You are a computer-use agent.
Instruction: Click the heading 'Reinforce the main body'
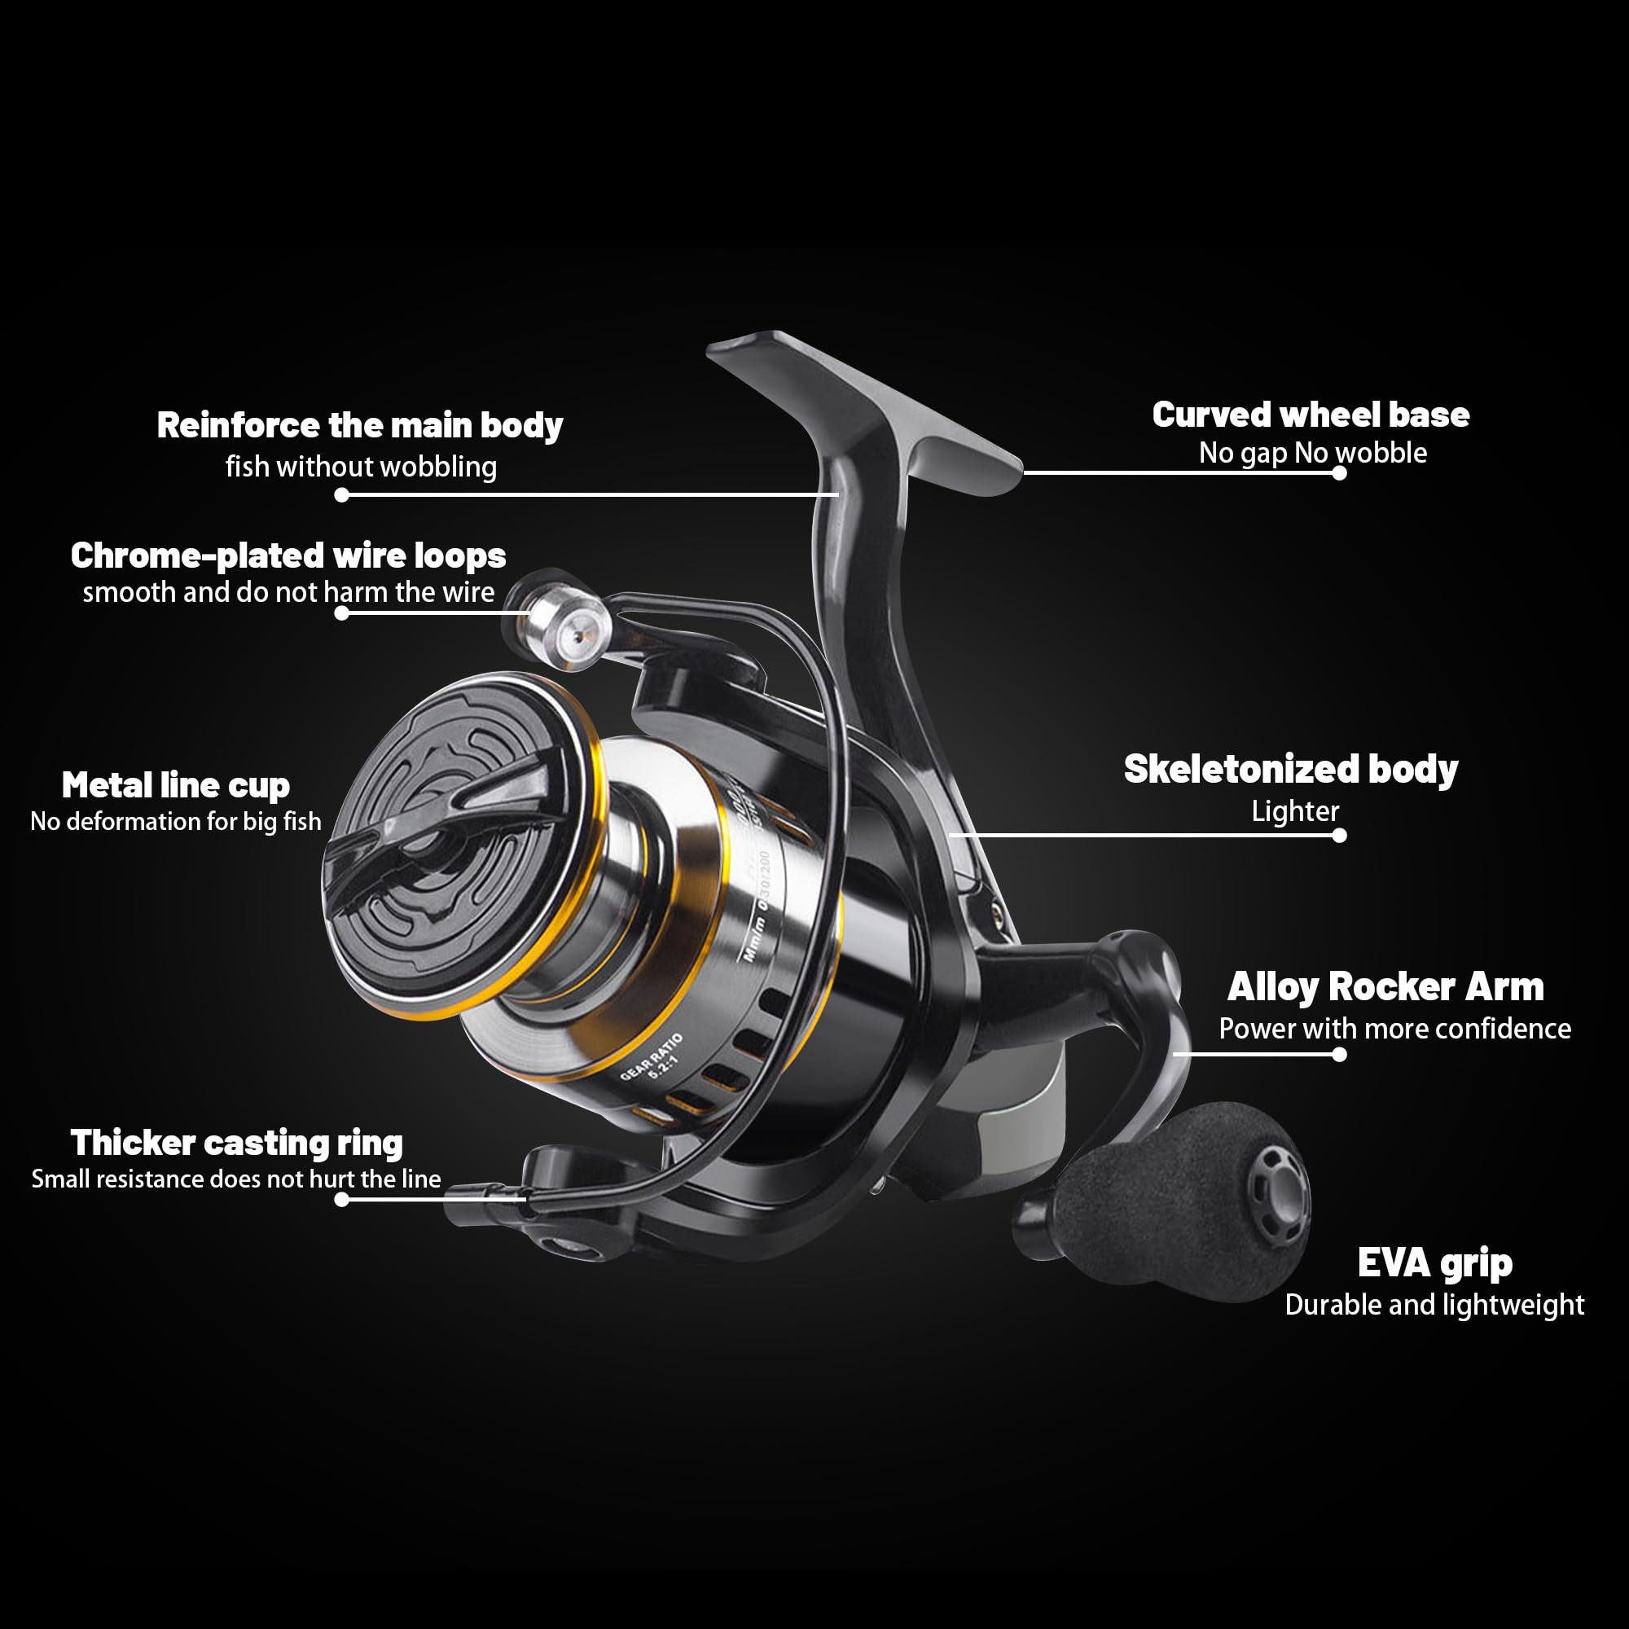pos(360,427)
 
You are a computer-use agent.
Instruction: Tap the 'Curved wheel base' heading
pos(1311,415)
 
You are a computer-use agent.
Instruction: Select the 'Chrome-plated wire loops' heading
pos(288,555)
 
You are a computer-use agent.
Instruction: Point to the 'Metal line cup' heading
pos(175,786)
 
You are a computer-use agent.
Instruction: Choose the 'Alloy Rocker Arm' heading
pos(1385,987)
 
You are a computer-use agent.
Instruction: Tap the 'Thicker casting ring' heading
pos(236,1144)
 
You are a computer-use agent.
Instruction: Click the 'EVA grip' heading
pos(1434,1264)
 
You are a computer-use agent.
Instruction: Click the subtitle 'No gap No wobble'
pos(1313,454)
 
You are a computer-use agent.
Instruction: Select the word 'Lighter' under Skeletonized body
pos(1295,811)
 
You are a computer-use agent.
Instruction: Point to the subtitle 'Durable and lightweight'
pos(1434,1305)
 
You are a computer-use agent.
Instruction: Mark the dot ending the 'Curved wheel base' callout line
pos(1339,473)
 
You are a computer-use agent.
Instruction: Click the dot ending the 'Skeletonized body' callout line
pos(1339,836)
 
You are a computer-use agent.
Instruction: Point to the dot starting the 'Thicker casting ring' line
pos(341,1199)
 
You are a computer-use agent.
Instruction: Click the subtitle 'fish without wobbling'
pos(361,467)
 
